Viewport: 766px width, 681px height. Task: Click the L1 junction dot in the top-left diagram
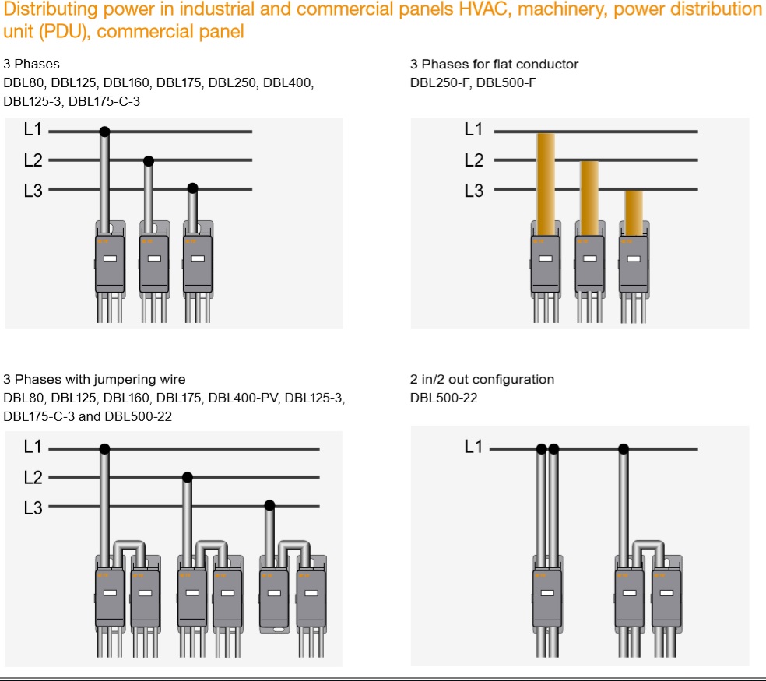[x=104, y=132]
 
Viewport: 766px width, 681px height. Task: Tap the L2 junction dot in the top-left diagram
[x=149, y=160]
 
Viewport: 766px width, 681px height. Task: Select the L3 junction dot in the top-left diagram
[x=193, y=188]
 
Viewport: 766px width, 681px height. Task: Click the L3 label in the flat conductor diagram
[x=473, y=190]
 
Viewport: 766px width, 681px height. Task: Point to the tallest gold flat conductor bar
[x=546, y=183]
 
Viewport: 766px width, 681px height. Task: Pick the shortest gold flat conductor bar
[x=634, y=212]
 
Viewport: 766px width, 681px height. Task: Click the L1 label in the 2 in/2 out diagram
[x=473, y=447]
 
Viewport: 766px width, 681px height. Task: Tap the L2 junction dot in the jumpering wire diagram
[x=187, y=477]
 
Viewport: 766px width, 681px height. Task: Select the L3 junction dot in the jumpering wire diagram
[x=269, y=505]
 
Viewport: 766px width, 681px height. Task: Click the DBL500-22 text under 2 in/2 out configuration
[x=444, y=398]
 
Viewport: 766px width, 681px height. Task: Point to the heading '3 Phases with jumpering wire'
[x=94, y=380]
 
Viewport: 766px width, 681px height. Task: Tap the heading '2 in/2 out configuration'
[x=482, y=380]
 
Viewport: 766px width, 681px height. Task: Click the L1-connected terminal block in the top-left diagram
[x=110, y=263]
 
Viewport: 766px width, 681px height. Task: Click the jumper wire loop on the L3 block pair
[x=288, y=547]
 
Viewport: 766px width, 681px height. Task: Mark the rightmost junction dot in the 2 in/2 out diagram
[x=623, y=448]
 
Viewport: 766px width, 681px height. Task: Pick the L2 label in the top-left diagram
[x=33, y=160]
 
